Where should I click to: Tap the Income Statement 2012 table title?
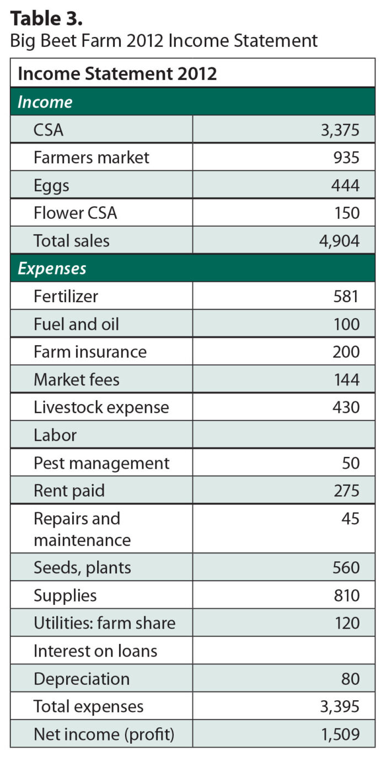pos(117,73)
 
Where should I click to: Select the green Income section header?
pos(45,102)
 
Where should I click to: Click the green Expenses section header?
pos(52,269)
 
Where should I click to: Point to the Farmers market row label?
pos(91,158)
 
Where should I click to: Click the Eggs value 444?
pos(345,185)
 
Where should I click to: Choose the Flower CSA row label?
pos(75,213)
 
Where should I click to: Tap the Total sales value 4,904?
pos(338,241)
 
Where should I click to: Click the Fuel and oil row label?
pos(76,324)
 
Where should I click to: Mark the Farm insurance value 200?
pos(345,352)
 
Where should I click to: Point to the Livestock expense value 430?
pos(345,407)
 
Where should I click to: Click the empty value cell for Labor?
pos(283,435)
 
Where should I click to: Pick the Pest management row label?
pos(101,463)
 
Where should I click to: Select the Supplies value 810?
pos(345,595)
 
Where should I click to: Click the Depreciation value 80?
pos(350,679)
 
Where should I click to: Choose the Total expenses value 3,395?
pos(338,706)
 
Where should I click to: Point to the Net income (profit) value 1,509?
pos(338,734)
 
